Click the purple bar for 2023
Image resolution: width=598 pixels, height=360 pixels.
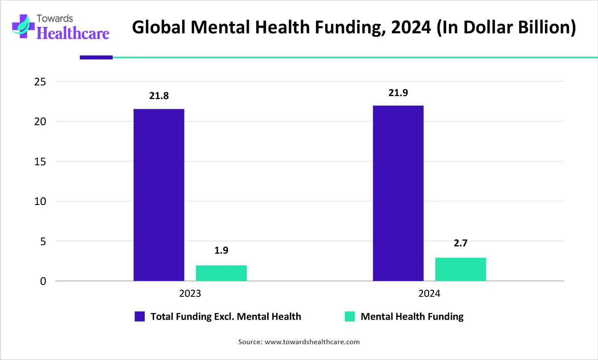pyautogui.click(x=159, y=195)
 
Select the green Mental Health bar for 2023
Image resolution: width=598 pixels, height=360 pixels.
pyautogui.click(x=221, y=273)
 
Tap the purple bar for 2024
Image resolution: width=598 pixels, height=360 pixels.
pyautogui.click(x=398, y=193)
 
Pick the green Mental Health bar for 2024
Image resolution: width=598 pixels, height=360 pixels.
pyautogui.click(x=461, y=269)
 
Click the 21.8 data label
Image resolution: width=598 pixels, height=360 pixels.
pyautogui.click(x=159, y=96)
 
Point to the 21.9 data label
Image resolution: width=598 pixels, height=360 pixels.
pyautogui.click(x=398, y=93)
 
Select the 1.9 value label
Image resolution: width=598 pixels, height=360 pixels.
pyautogui.click(x=221, y=250)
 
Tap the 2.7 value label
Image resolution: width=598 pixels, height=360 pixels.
pyautogui.click(x=461, y=243)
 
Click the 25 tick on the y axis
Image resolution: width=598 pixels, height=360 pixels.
pyautogui.click(x=40, y=82)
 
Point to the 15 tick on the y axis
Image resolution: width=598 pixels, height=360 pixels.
pyautogui.click(x=40, y=161)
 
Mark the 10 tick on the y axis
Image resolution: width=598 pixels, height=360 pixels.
pyautogui.click(x=40, y=201)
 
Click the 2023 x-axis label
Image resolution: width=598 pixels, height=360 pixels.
pyautogui.click(x=190, y=293)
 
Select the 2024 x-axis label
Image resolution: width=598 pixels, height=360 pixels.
pyautogui.click(x=429, y=293)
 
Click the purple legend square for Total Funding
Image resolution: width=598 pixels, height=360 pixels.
pyautogui.click(x=140, y=316)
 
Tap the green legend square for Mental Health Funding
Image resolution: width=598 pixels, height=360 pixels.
pyautogui.click(x=350, y=316)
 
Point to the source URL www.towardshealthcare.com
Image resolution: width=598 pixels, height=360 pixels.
pyautogui.click(x=312, y=342)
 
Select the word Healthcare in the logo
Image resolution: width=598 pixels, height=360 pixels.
pyautogui.click(x=73, y=33)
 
